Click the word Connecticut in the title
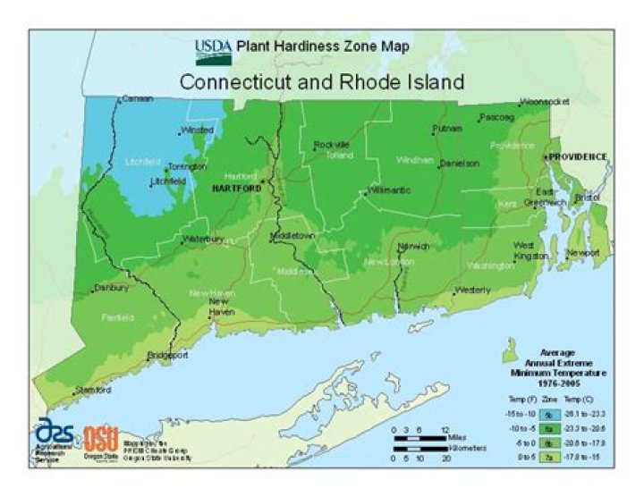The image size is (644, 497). (235, 82)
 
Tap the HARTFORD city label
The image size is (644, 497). (236, 190)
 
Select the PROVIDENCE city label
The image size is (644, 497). (578, 156)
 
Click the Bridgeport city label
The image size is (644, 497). (169, 355)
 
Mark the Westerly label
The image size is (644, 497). (472, 291)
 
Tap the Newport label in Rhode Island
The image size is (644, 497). (583, 253)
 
